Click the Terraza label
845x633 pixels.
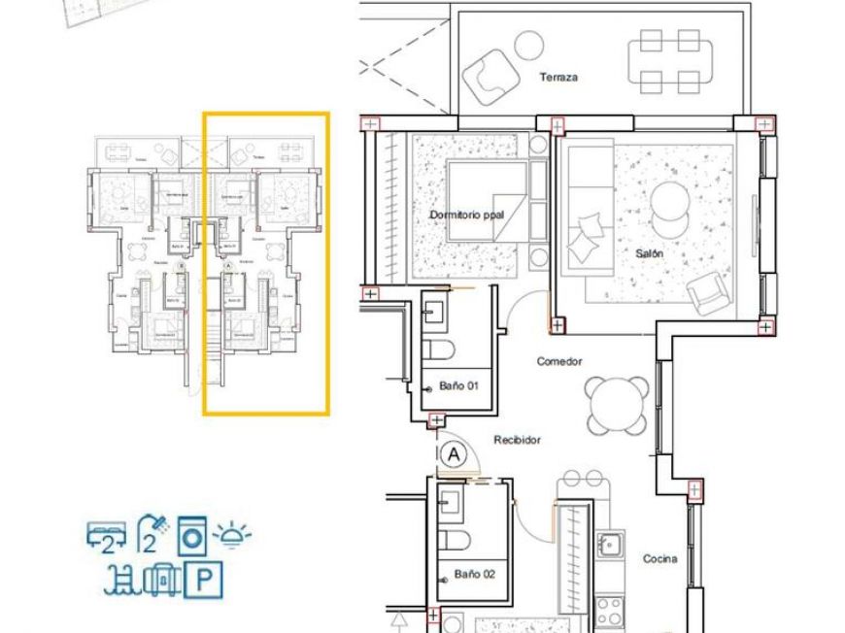558,77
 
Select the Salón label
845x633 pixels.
650,253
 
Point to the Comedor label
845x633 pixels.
559,361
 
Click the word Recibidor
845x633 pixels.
517,440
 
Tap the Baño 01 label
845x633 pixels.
459,386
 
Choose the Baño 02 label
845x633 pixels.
475,574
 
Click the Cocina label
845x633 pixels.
660,558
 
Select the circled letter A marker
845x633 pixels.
452,452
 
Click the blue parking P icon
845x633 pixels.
204,581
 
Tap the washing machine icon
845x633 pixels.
192,536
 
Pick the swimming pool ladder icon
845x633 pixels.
122,581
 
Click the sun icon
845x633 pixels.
233,534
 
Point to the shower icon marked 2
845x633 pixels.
151,534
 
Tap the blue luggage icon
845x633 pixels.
162,581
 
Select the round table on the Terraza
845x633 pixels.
528,44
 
